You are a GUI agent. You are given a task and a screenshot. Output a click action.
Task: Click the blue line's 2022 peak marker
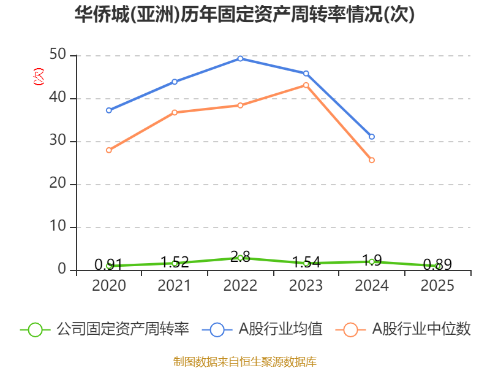[x=240, y=58]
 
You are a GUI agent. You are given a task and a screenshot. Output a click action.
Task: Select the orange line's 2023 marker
[x=306, y=85]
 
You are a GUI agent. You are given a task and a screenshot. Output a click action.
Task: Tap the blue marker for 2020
[x=109, y=110]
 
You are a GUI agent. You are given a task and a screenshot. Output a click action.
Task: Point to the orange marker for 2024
[x=372, y=160]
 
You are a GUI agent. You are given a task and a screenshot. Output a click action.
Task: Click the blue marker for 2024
[x=372, y=136]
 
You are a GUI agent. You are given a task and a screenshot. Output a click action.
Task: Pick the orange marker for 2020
[x=109, y=150]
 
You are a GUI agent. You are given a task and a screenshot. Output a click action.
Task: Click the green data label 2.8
[x=240, y=257]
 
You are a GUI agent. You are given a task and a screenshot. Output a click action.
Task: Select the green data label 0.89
[x=437, y=265]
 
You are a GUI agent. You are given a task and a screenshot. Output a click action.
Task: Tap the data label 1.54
[x=306, y=263]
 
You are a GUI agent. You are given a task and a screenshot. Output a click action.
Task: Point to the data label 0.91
[x=108, y=265]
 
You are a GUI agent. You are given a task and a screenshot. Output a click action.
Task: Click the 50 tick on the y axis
[x=58, y=55]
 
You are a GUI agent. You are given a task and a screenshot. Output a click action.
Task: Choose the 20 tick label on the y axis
[x=58, y=183]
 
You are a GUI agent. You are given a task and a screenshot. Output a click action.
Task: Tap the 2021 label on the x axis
[x=174, y=285]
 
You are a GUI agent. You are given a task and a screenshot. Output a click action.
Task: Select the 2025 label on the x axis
[x=437, y=285]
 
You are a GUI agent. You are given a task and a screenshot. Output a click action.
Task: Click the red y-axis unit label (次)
[x=39, y=76]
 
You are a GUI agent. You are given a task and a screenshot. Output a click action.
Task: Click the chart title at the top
[x=244, y=14]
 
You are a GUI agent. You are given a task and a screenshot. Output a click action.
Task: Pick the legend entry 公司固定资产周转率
[x=105, y=329]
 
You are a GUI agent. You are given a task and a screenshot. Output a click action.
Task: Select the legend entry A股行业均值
[x=262, y=329]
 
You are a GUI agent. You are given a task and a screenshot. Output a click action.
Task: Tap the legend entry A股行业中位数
[x=403, y=329]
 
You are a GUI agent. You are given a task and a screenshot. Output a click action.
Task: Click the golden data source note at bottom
[x=245, y=362]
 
